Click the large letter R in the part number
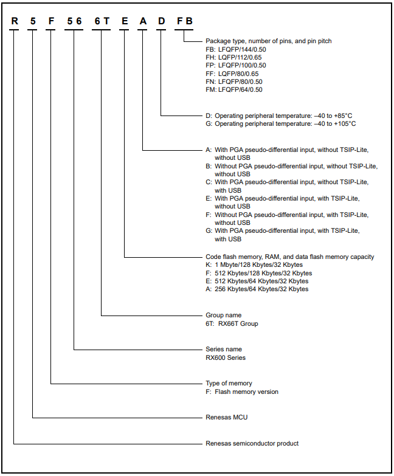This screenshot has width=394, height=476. click(14, 21)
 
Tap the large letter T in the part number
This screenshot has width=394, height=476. click(106, 21)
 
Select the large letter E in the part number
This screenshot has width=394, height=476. click(125, 21)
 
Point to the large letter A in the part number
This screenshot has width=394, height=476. click(143, 21)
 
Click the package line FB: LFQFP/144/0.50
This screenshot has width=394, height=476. click(236, 49)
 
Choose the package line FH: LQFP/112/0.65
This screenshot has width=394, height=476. click(235, 57)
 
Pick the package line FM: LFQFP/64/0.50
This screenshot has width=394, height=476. click(234, 89)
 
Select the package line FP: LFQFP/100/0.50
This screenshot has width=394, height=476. click(236, 65)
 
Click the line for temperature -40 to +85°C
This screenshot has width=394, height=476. click(278, 115)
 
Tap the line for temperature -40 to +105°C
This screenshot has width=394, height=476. click(280, 123)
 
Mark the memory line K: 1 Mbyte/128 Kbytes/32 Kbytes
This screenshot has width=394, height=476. click(254, 264)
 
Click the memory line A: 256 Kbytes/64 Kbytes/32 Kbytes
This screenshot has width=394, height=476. click(257, 289)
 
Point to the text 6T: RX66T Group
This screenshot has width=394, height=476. click(232, 323)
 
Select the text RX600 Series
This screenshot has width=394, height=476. click(226, 357)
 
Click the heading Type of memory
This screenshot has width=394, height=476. click(229, 384)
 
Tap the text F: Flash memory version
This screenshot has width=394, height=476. click(242, 391)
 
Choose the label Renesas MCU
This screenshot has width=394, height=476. click(227, 418)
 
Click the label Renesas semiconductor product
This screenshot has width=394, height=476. click(252, 443)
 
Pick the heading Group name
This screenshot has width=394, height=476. click(224, 316)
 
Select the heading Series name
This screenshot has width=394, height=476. click(224, 350)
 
